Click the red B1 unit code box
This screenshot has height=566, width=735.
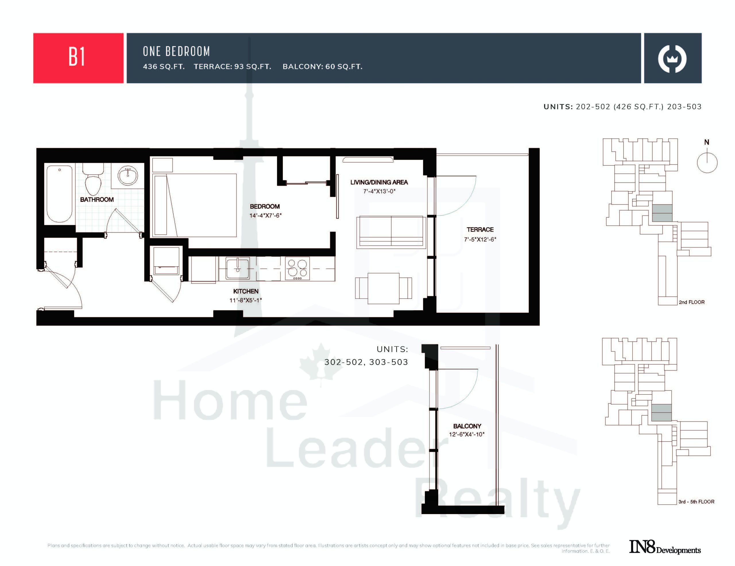pos(78,58)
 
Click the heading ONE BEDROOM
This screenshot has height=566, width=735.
pos(176,51)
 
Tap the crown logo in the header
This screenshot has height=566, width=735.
pos(672,59)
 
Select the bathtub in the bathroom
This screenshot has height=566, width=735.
pos(59,193)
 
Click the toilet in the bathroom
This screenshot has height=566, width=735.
pos(94,178)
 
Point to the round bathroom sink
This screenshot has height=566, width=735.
pos(128,175)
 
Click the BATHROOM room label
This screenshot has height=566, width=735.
pos(97,199)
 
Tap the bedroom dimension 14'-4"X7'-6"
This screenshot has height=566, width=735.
pos(266,215)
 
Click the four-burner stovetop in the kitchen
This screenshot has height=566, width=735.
pos(297,269)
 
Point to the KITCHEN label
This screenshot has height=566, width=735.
pos(246,291)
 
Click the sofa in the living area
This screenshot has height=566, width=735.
pos(391,232)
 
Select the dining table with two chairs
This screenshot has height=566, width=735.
pos(383,288)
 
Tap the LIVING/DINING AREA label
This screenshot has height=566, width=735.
pos(379,182)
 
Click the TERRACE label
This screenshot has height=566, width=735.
pos(480,230)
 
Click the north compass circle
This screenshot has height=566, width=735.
pos(707,163)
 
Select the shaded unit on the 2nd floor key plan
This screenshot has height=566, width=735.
pos(662,213)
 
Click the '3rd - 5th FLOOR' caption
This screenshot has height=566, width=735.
pos(696,502)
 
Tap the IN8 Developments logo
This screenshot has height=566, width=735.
pos(665,547)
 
